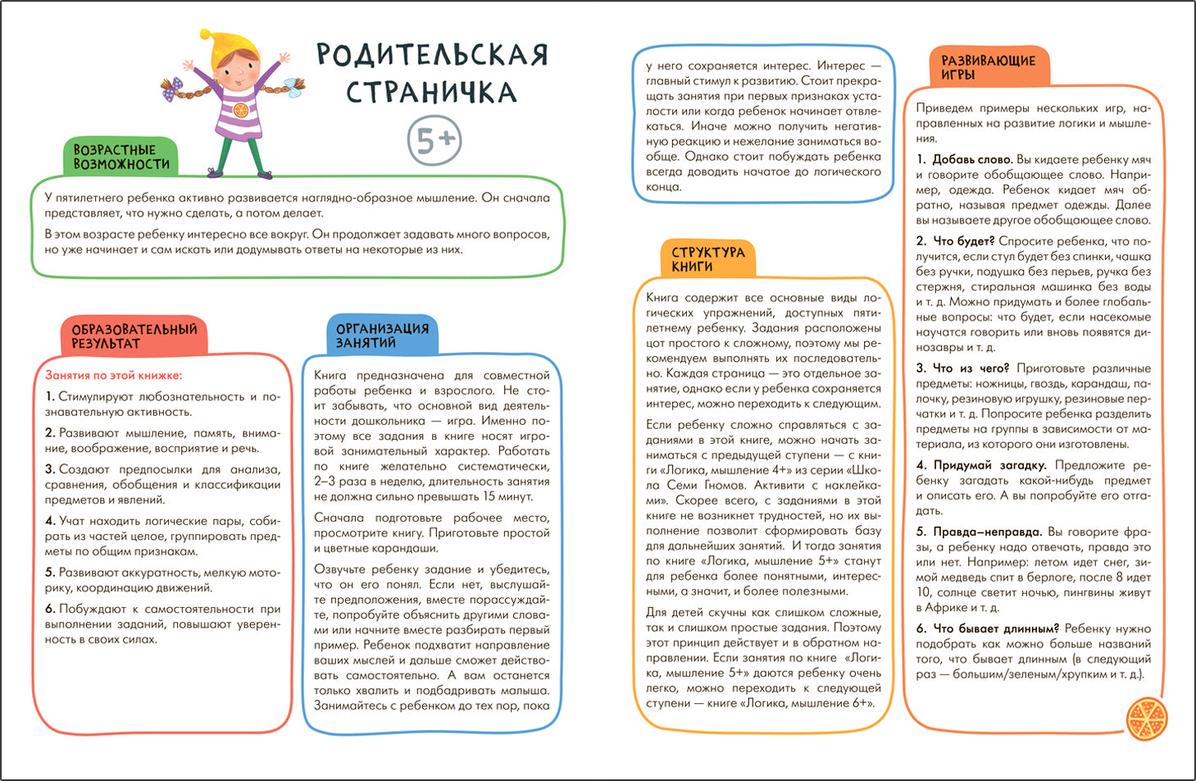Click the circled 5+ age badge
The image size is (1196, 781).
pyautogui.click(x=434, y=141)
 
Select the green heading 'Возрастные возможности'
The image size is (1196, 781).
pyautogui.click(x=121, y=157)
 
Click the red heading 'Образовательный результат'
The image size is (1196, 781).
pyautogui.click(x=134, y=336)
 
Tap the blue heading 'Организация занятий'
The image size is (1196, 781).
pyautogui.click(x=382, y=335)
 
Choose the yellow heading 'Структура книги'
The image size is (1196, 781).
pyautogui.click(x=707, y=259)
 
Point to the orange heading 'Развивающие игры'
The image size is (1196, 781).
pyautogui.click(x=988, y=67)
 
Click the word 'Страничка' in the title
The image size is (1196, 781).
pyautogui.click(x=431, y=92)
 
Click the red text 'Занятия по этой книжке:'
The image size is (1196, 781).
pyautogui.click(x=113, y=376)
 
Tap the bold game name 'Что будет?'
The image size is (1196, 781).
pyautogui.click(x=963, y=241)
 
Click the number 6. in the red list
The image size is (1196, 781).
pyautogui.click(x=50, y=609)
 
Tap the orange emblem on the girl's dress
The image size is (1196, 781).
pyautogui.click(x=240, y=109)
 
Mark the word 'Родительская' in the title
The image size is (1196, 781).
pyautogui.click(x=431, y=55)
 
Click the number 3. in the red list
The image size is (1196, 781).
pyautogui.click(x=50, y=469)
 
